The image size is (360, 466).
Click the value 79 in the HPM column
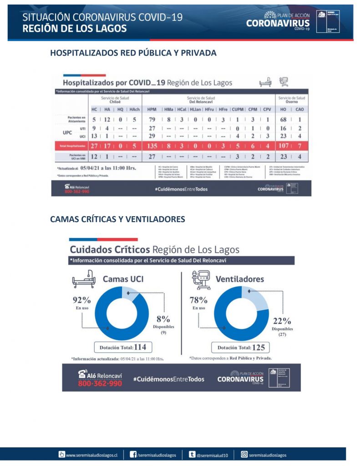click(152, 120)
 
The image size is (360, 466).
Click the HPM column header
click(152, 110)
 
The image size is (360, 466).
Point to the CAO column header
click(299, 110)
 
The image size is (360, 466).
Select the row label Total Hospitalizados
click(71, 146)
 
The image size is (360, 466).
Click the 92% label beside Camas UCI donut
click(82, 300)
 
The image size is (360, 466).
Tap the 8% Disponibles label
click(163, 319)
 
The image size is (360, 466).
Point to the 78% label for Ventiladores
click(198, 300)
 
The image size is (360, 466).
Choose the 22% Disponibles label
click(282, 321)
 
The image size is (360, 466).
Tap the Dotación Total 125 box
click(241, 348)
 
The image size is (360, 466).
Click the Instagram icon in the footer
click(244, 454)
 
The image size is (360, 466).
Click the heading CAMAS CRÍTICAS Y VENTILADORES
click(117, 219)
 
